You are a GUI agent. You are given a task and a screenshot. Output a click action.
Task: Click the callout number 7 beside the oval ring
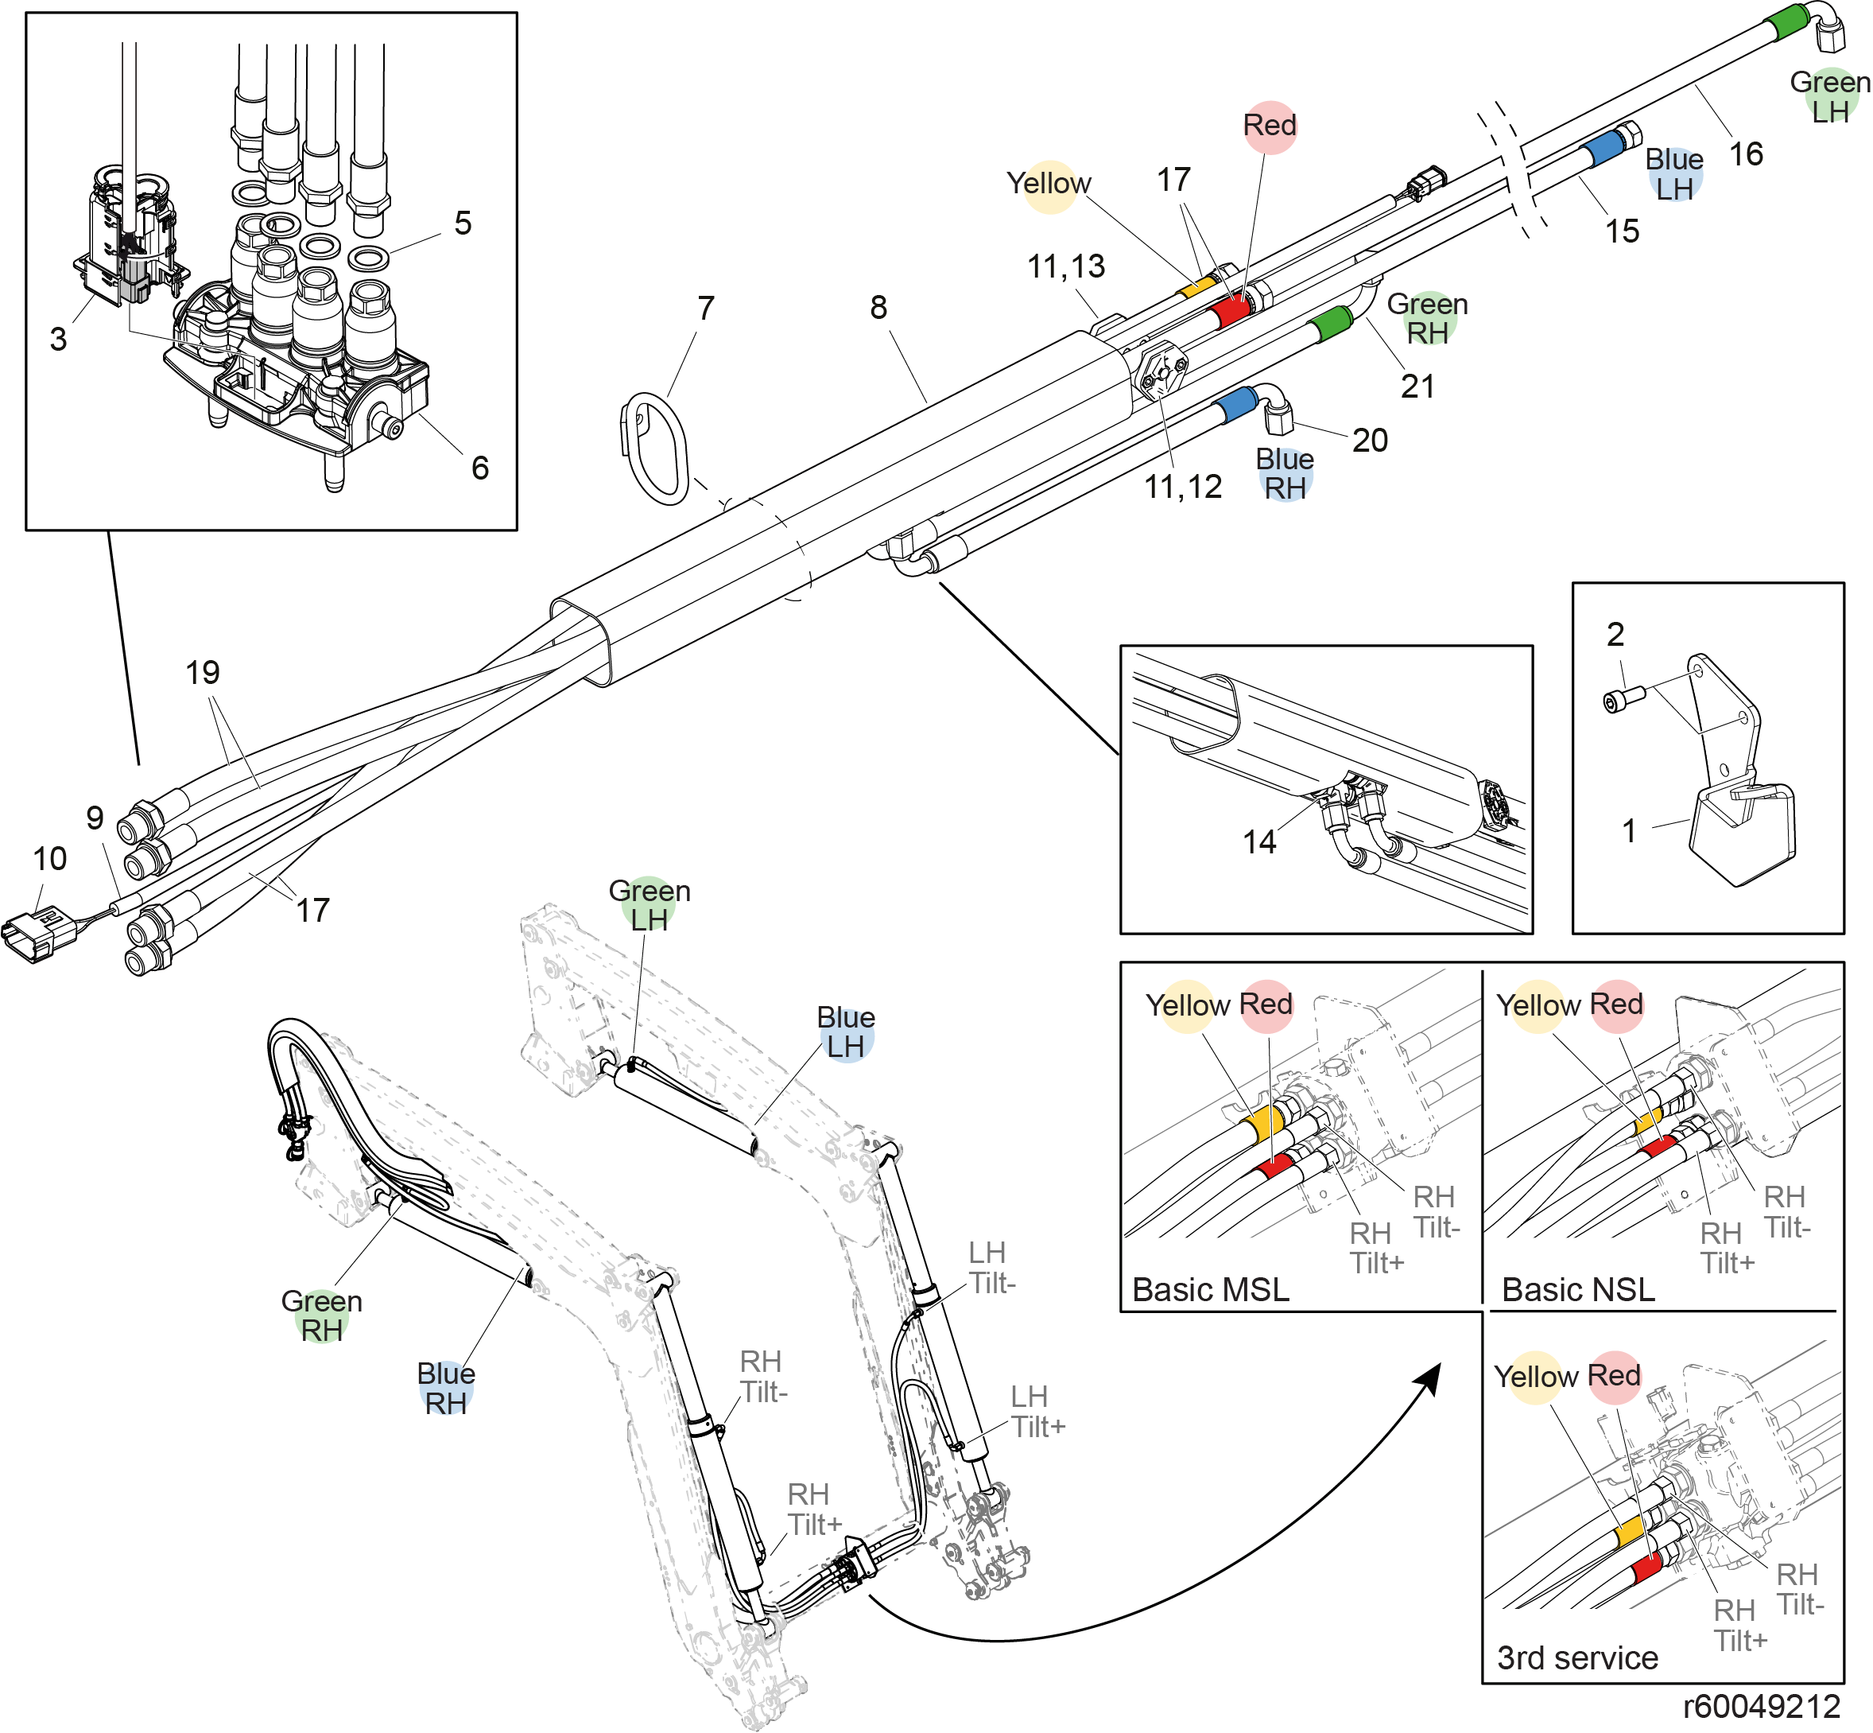click(x=706, y=308)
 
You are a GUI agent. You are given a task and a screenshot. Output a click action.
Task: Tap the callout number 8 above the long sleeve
click(x=878, y=308)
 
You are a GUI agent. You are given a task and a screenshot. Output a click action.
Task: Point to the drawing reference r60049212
click(x=1762, y=1706)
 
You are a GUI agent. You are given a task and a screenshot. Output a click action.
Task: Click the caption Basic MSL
click(x=1210, y=1289)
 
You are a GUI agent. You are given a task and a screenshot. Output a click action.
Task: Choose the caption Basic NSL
click(x=1578, y=1289)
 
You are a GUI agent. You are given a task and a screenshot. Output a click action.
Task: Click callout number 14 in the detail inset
click(x=1259, y=842)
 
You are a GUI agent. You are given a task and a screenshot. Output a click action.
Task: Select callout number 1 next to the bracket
click(x=1629, y=831)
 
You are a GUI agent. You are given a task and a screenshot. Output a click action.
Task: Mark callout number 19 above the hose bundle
click(x=203, y=672)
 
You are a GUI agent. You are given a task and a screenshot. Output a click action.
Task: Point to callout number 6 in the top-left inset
click(x=480, y=467)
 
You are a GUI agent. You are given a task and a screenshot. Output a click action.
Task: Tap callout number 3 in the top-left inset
click(x=58, y=339)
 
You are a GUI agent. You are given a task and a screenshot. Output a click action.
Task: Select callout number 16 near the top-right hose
click(x=1746, y=153)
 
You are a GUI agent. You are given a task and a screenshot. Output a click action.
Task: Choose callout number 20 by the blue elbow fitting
click(x=1370, y=441)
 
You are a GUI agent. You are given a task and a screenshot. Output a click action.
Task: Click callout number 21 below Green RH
click(x=1417, y=387)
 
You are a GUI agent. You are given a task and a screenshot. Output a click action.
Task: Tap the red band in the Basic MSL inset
click(x=1275, y=1167)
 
